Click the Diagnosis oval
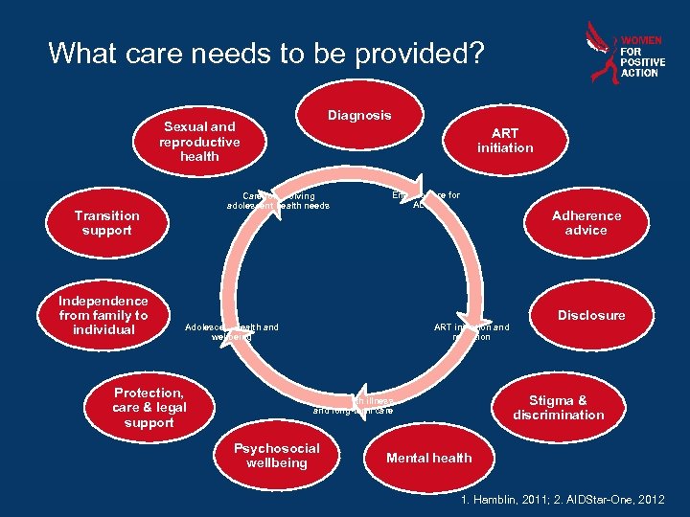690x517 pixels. coord(359,116)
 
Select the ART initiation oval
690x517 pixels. coord(505,141)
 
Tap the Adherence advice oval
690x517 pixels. coord(586,223)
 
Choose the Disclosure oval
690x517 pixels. coord(591,315)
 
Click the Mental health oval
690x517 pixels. coord(428,458)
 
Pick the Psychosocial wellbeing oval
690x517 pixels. coord(277,456)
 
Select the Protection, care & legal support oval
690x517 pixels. coord(149,408)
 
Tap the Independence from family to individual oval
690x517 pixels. coord(103,315)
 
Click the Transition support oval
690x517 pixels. coord(106,223)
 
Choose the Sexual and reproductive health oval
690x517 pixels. coord(199,141)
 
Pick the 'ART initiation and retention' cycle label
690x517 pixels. coord(471,332)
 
